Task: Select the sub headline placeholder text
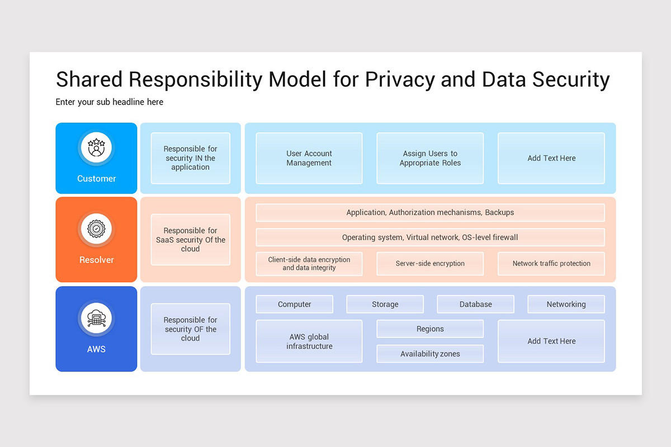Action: pyautogui.click(x=110, y=102)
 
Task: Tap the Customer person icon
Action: pyautogui.click(x=96, y=148)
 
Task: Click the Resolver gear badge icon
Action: pyautogui.click(x=96, y=229)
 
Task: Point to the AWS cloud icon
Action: pyautogui.click(x=96, y=318)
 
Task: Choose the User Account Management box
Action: pyautogui.click(x=309, y=158)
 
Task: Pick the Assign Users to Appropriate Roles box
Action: pyautogui.click(x=430, y=158)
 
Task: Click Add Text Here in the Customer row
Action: pyautogui.click(x=551, y=158)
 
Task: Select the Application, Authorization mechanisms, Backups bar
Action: pyautogui.click(x=430, y=212)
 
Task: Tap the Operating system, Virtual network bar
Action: pyautogui.click(x=430, y=237)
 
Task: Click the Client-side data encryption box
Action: pyautogui.click(x=309, y=264)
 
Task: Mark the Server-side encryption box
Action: pyautogui.click(x=430, y=264)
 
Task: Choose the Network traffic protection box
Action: pyautogui.click(x=551, y=264)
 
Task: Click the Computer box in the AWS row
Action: pyautogui.click(x=295, y=305)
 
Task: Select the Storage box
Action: pyautogui.click(x=385, y=305)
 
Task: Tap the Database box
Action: pyautogui.click(x=476, y=305)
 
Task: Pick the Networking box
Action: pyautogui.click(x=566, y=305)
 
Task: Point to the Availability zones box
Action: pyautogui.click(x=430, y=354)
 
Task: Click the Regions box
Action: pyautogui.click(x=430, y=329)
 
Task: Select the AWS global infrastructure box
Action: pyautogui.click(x=309, y=341)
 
